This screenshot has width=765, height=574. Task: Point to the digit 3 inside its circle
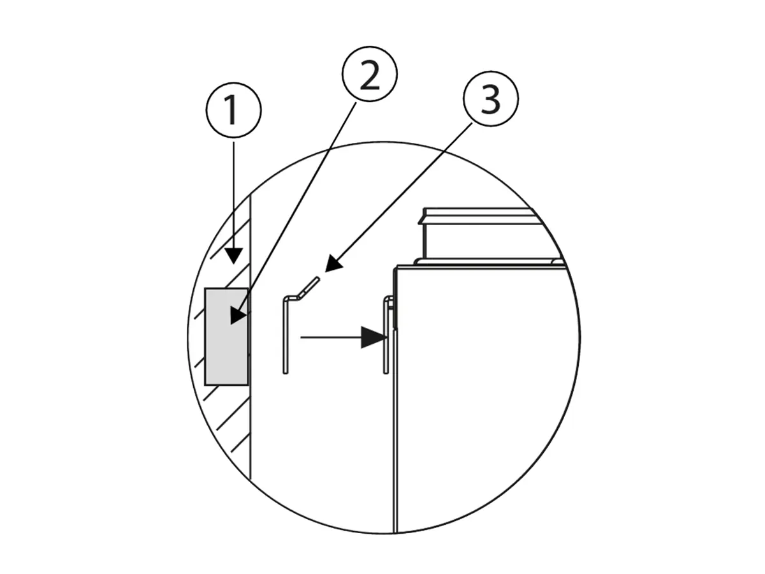(491, 99)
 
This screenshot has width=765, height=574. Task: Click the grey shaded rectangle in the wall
(226, 337)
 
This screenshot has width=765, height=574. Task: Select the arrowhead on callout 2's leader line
(238, 317)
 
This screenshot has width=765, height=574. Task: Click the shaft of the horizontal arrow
(331, 337)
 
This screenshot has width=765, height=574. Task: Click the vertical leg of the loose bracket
(286, 335)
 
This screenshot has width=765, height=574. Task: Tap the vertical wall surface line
(251, 335)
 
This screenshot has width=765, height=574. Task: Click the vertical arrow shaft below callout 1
(233, 195)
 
